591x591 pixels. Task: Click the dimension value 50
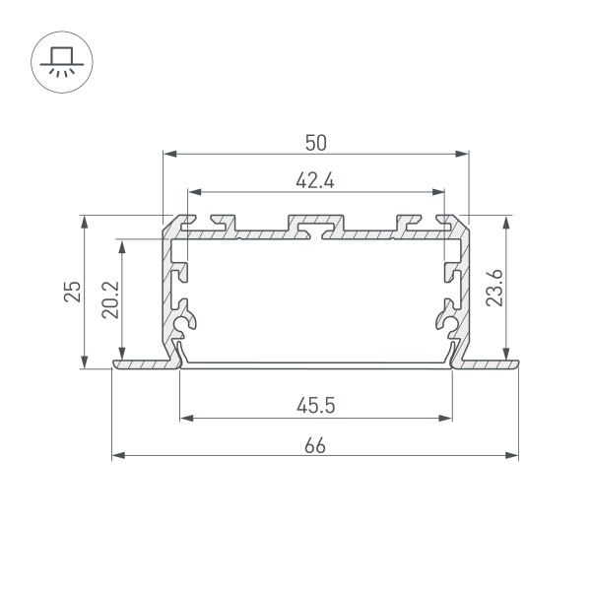click(x=316, y=143)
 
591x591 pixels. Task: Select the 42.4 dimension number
click(x=315, y=181)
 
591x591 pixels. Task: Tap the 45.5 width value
click(x=315, y=406)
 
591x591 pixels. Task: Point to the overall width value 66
click(x=315, y=446)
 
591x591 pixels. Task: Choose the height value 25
click(x=72, y=292)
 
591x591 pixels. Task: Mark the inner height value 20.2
click(x=110, y=300)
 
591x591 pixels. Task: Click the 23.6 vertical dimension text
click(x=494, y=288)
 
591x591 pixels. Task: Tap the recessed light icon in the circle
click(x=62, y=62)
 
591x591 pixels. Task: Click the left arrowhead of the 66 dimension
click(x=118, y=456)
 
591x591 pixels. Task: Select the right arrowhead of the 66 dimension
click(x=511, y=456)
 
